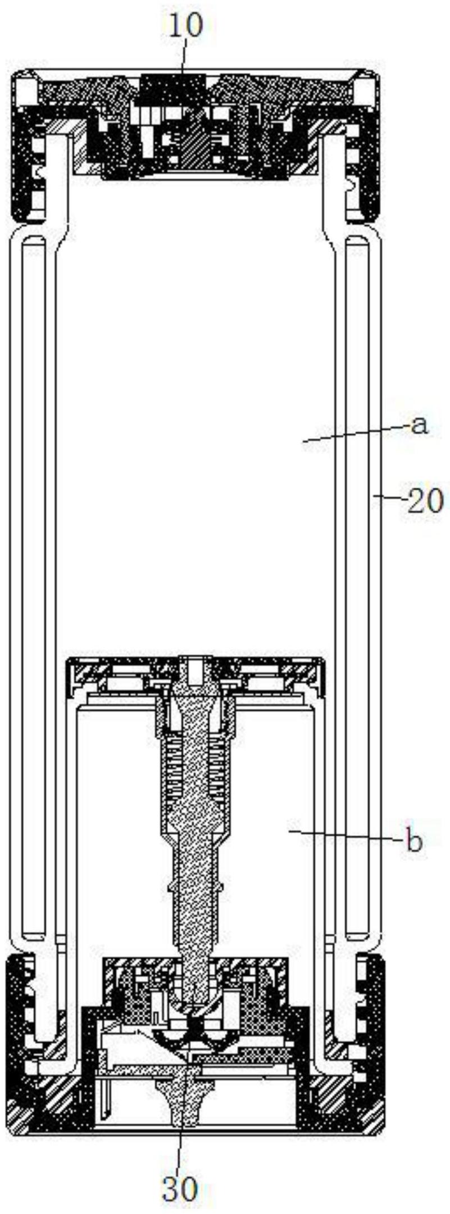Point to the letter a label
click(x=419, y=426)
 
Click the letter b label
click(x=414, y=841)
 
